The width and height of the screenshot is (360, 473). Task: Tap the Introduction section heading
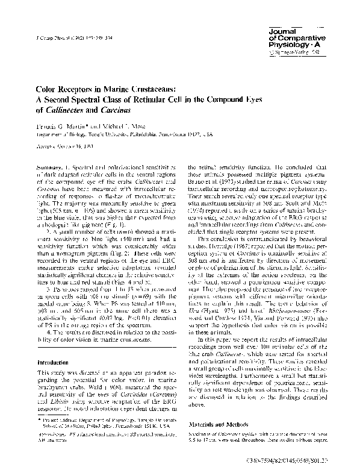[57, 363]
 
